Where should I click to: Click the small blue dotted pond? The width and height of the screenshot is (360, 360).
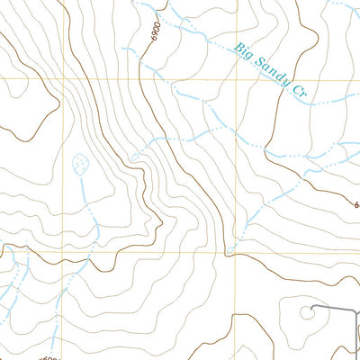tap(79, 163)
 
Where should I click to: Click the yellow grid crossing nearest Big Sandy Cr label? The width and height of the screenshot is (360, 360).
tap(237, 79)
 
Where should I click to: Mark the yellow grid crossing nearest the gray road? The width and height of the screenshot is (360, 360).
tap(237, 252)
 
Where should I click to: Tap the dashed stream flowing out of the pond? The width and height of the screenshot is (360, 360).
tap(84, 193)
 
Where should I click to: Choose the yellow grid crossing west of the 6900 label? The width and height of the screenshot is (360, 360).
tap(61, 79)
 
